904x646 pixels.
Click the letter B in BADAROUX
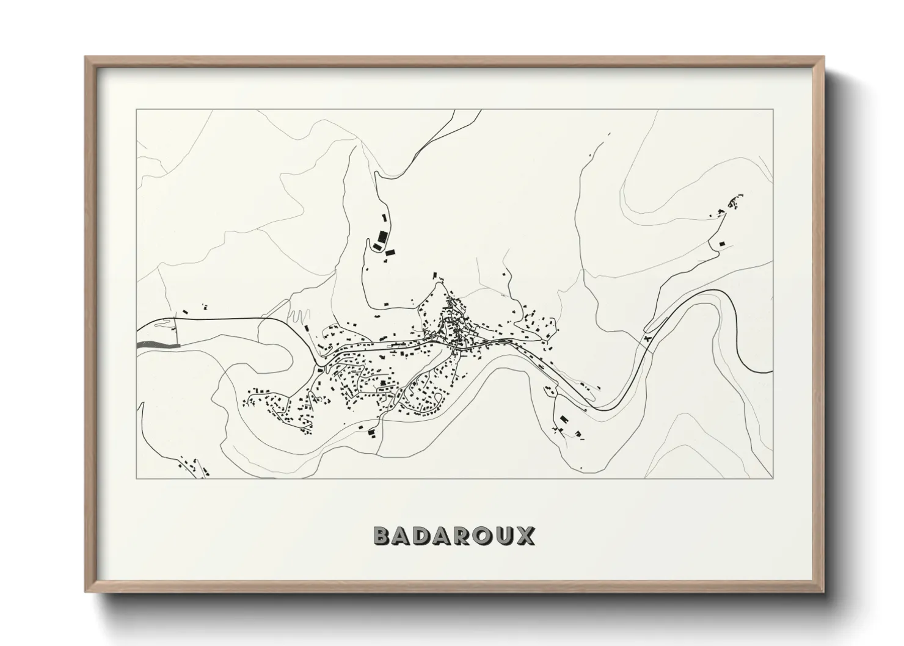click(x=382, y=536)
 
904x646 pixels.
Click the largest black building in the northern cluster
click(x=383, y=236)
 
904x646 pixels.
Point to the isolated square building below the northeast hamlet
click(x=721, y=244)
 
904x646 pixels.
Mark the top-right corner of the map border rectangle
click(x=773, y=109)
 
